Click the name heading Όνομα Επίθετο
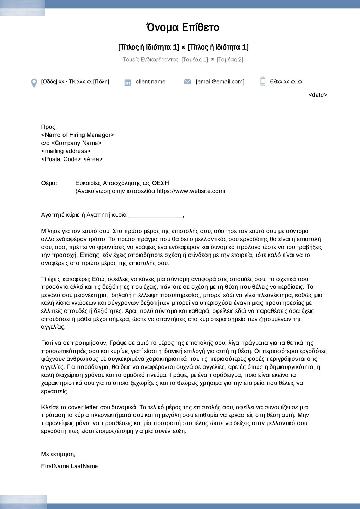(183, 27)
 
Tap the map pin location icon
(34, 83)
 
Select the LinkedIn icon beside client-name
(128, 82)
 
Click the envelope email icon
(187, 82)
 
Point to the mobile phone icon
(263, 81)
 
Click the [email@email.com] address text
(220, 82)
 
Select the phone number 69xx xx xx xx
(286, 82)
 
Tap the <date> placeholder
(318, 95)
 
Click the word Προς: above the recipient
(49, 127)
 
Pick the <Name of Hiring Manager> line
(77, 135)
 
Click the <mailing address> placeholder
(66, 151)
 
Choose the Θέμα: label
(49, 183)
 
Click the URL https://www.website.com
(190, 191)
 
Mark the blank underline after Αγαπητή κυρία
(155, 216)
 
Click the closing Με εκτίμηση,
(58, 454)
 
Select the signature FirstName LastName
(69, 466)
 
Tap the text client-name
(150, 82)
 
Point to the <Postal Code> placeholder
(61, 159)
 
